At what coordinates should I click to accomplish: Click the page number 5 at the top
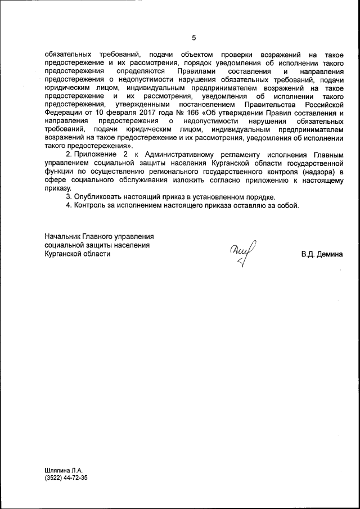193,38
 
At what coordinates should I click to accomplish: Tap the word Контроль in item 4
92,205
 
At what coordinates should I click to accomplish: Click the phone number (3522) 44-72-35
66,478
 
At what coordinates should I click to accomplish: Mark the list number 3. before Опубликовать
69,197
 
